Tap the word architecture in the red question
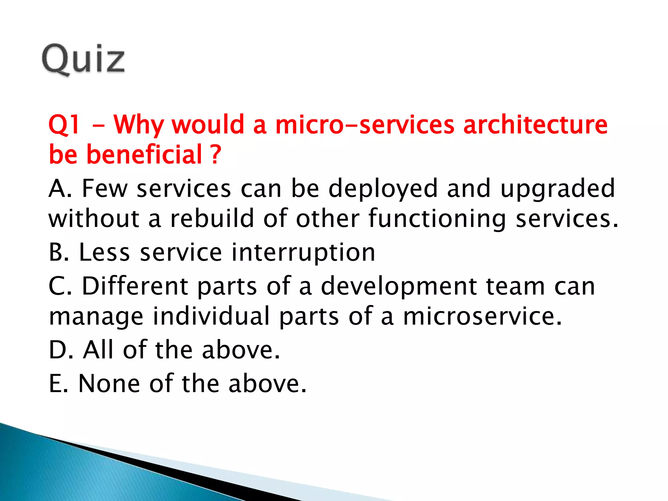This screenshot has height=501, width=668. tap(535, 125)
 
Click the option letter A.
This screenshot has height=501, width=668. tap(57, 189)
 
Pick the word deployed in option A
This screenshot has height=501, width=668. tap(383, 189)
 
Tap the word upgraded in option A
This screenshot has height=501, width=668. tap(557, 189)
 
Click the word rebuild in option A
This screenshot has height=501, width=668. tap(212, 218)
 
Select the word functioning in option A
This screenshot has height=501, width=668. tap(437, 219)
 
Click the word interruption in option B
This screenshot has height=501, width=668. tap(303, 253)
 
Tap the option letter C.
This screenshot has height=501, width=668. tap(57, 286)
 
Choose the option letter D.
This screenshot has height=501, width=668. tap(58, 350)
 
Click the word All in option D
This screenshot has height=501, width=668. tap(99, 350)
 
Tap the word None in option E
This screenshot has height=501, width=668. tap(109, 383)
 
